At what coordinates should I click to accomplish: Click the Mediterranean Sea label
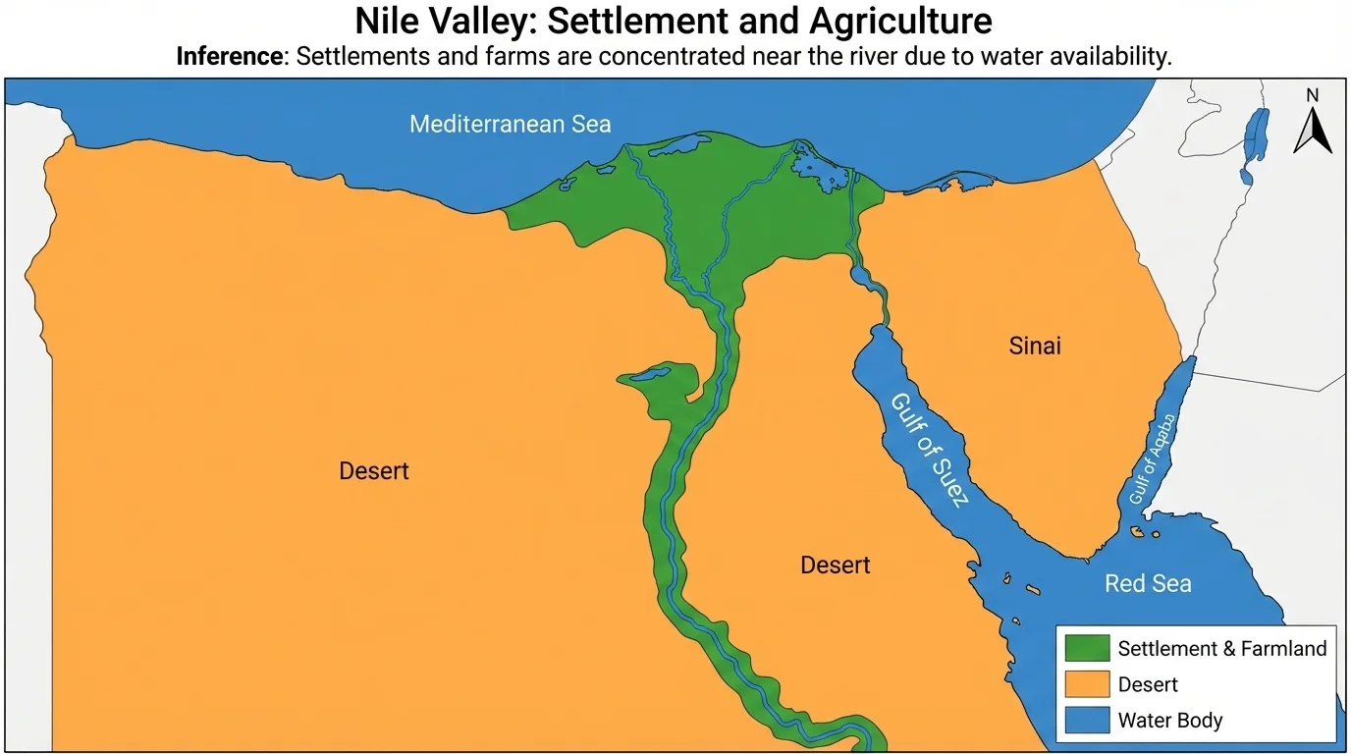[510, 125]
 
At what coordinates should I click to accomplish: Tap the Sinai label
[1035, 346]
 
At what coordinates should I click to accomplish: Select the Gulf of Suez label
[930, 450]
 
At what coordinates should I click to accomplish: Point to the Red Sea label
[1148, 584]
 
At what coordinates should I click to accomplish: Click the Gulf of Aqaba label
[1153, 458]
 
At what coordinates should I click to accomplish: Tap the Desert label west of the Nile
[373, 471]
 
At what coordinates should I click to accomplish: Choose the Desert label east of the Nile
[835, 565]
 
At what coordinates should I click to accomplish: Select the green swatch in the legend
[1087, 649]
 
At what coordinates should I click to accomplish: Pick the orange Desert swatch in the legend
[1087, 684]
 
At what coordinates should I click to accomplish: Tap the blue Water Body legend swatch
[1087, 720]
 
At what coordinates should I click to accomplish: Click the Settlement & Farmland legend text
[1221, 649]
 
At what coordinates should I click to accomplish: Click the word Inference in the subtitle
[229, 56]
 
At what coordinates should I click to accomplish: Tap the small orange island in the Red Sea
[1139, 532]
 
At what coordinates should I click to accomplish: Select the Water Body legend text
[1169, 720]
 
